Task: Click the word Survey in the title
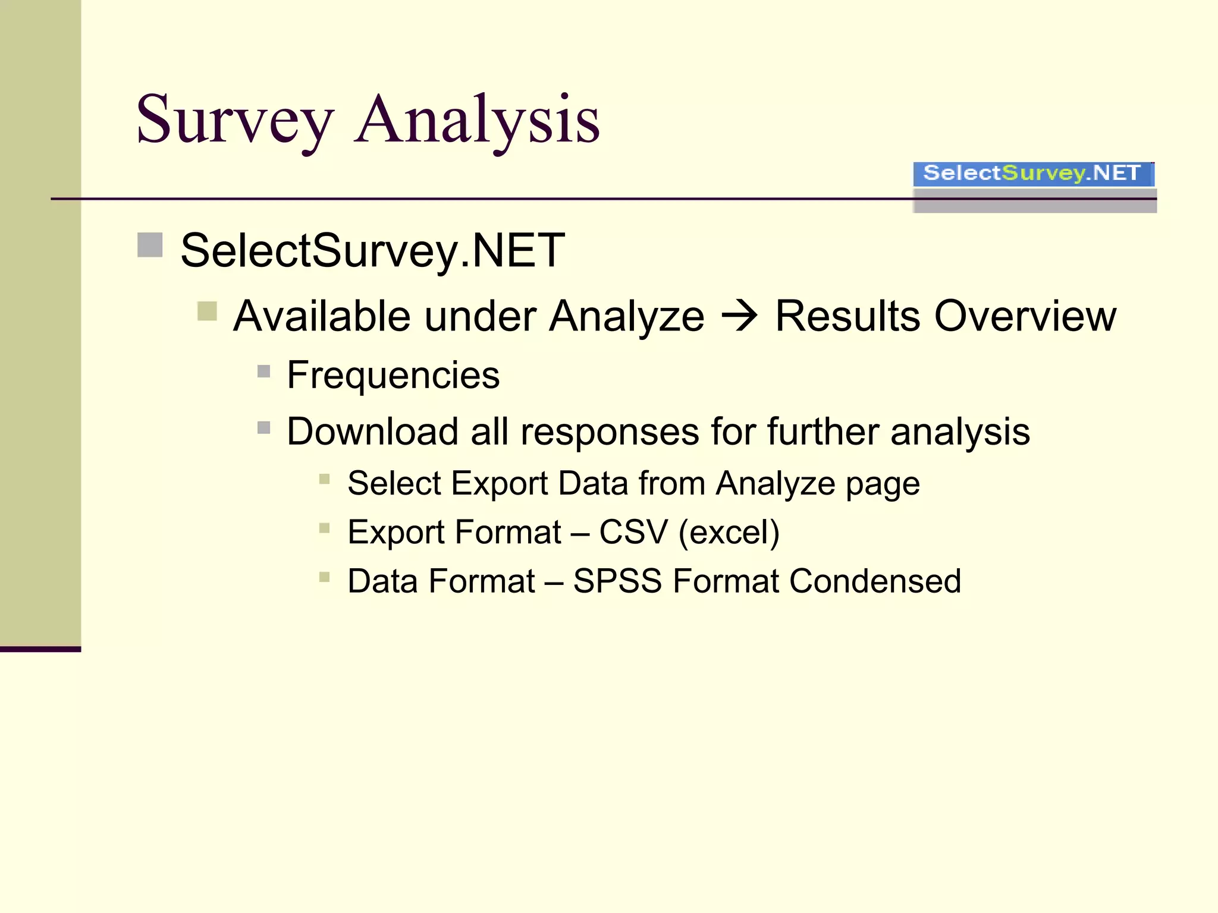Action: point(234,121)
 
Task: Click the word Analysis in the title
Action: point(477,121)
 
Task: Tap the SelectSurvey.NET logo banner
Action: point(1033,174)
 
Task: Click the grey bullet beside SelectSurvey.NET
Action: point(150,245)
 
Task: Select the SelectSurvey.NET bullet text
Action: point(372,251)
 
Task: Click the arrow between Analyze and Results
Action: point(739,316)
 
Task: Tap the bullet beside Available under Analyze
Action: point(207,311)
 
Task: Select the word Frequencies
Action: point(393,375)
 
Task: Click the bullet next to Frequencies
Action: point(264,372)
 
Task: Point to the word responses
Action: point(610,432)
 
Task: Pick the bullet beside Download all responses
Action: point(264,427)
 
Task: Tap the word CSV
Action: point(633,531)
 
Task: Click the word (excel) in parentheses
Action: point(729,532)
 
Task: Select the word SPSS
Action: point(617,581)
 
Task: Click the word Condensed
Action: point(875,581)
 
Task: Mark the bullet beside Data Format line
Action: point(324,577)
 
